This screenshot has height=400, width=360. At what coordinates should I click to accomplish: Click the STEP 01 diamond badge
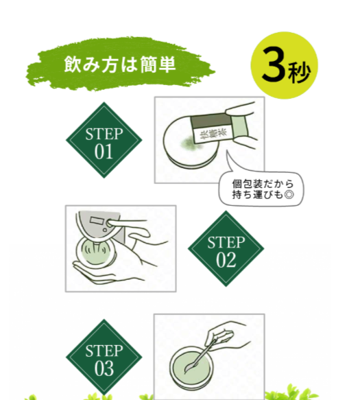coord(104,140)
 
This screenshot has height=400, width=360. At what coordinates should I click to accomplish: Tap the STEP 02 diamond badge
coord(226,248)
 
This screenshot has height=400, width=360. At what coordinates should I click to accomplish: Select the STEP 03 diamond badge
coord(104,357)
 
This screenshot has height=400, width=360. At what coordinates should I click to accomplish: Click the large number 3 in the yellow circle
coord(274,64)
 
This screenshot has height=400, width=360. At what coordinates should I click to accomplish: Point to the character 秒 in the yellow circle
coord(299,73)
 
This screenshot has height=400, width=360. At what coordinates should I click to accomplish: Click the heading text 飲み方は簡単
coord(120,64)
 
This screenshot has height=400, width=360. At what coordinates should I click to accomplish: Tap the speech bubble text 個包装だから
coord(263,184)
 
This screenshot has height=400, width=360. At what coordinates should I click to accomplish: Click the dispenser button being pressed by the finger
coord(110,224)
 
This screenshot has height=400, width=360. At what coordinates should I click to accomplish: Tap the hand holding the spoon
coord(227,335)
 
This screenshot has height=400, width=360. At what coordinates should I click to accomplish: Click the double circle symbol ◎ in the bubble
coord(289,195)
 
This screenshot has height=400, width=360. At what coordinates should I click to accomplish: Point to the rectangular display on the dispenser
coord(95,220)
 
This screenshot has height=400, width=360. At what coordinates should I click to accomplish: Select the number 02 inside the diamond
coord(226,261)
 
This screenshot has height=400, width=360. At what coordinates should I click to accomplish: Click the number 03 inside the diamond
coord(104,369)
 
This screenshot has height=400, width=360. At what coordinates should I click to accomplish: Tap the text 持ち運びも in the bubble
coord(258,195)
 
